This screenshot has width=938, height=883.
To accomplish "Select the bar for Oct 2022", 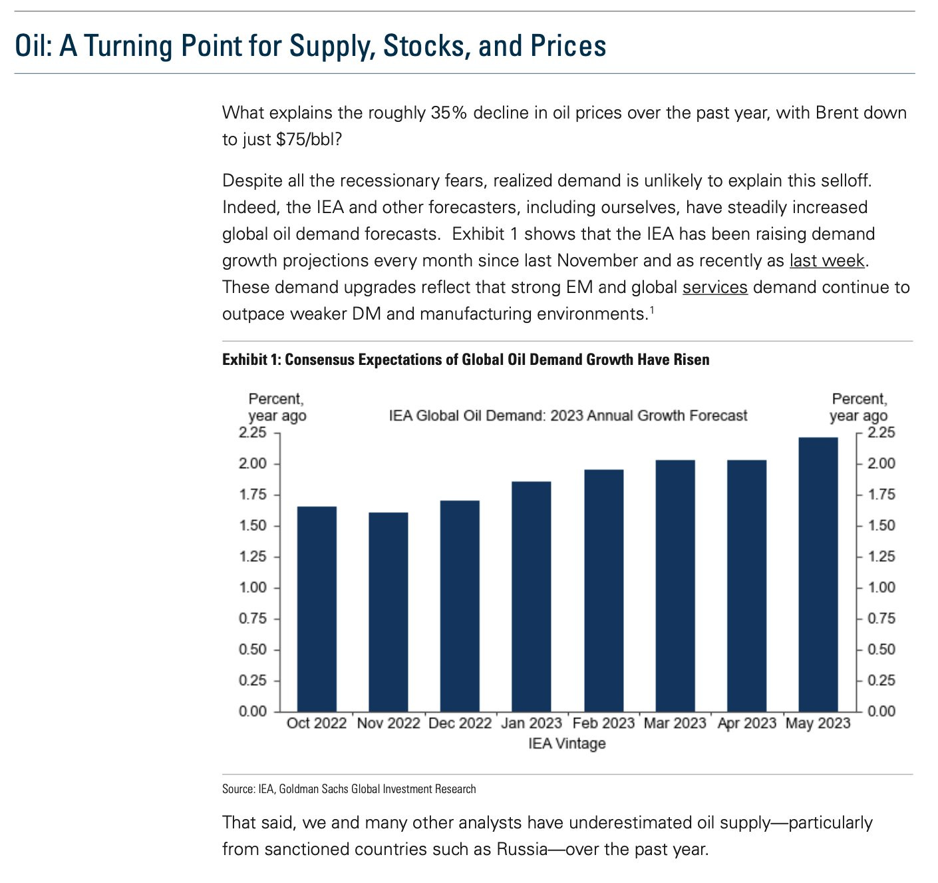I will click(x=317, y=609).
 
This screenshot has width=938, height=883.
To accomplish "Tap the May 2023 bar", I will click(x=818, y=574).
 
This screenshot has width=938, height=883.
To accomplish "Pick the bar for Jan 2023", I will click(x=532, y=596).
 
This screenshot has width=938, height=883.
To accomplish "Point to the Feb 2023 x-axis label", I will click(x=603, y=723).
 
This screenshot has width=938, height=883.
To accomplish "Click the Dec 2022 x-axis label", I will click(x=460, y=723).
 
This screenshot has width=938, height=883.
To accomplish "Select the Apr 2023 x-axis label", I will click(x=746, y=723).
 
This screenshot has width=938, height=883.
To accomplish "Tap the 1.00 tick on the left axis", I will click(x=252, y=587).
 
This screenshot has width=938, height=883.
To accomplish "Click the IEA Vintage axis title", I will click(x=567, y=743).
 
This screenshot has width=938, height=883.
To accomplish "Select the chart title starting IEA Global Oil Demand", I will click(x=568, y=416).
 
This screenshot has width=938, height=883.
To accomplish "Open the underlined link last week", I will click(x=827, y=260).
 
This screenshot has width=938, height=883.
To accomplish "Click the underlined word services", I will click(x=715, y=287).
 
